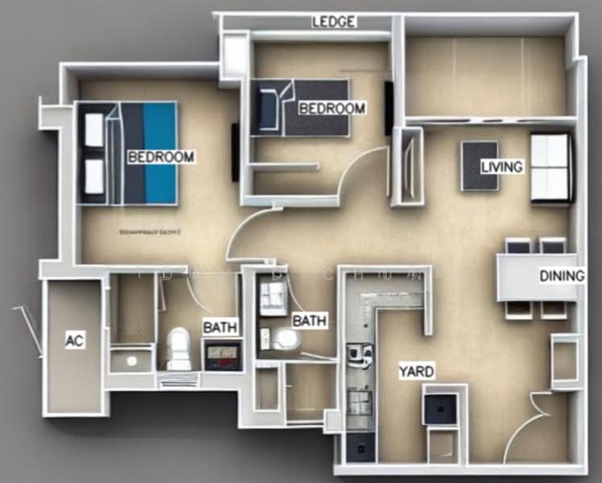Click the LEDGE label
(x=334, y=22)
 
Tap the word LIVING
(x=501, y=167)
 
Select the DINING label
(x=561, y=276)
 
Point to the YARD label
(x=416, y=371)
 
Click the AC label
(x=74, y=341)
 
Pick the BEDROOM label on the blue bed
(x=160, y=156)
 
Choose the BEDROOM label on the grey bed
(x=331, y=108)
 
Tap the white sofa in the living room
(x=550, y=167)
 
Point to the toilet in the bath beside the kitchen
(x=287, y=341)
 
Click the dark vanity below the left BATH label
(x=222, y=354)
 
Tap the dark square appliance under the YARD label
(x=441, y=409)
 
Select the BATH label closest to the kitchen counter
(x=309, y=320)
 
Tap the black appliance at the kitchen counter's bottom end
(x=359, y=447)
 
